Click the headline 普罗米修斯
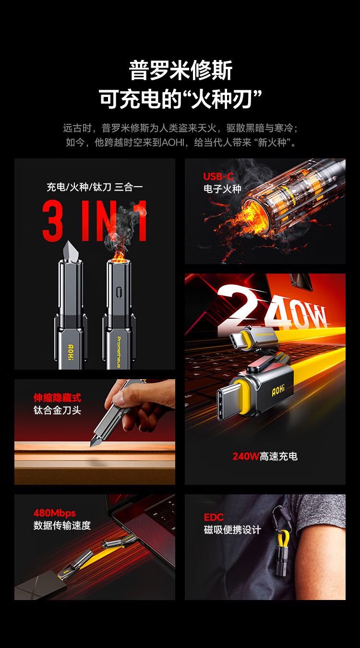coord(180,70)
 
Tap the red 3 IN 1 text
coord(95,221)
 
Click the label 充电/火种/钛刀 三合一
coord(95,187)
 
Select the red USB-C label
coord(218,176)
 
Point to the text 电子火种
coord(222,189)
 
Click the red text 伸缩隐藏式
coord(57,398)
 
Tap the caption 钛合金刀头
coord(57,410)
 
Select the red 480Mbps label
coord(54,513)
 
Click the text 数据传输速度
coord(62,525)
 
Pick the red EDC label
coord(214,517)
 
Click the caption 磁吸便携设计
coord(232,530)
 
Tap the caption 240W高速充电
coord(265,456)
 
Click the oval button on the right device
coord(119,292)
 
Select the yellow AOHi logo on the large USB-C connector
coord(278,390)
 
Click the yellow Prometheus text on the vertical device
coord(119,352)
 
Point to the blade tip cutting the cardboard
coord(92,445)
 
